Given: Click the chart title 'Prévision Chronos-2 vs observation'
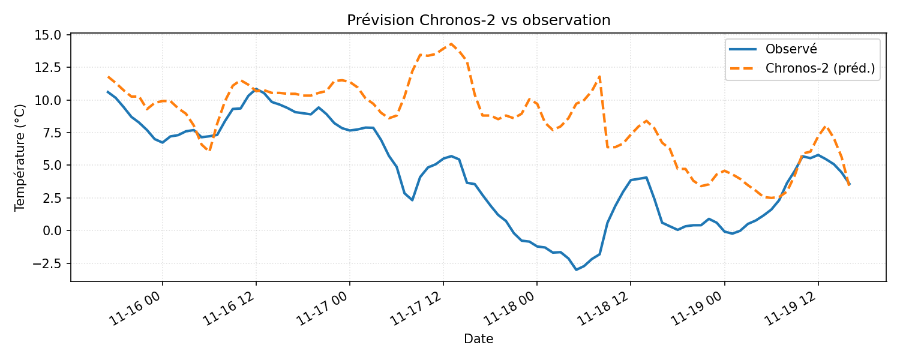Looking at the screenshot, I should tap(478, 20).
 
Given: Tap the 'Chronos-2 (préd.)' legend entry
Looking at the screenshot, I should tap(820, 68).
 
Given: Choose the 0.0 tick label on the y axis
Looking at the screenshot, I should tap(52, 230).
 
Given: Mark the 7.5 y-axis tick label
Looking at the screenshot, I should tap(52, 133).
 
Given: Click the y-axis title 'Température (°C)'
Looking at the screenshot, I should tap(20, 157).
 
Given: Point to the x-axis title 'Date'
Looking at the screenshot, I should tap(478, 340).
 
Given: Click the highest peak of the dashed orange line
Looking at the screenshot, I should tap(451, 43).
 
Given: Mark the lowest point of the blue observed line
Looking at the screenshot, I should tap(576, 269).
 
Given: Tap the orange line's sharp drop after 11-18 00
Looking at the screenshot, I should tap(604, 114).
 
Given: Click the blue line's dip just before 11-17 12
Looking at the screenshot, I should tap(412, 200).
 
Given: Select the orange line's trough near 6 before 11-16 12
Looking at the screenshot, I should tap(209, 150).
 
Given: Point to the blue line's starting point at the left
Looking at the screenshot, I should tap(108, 92).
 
